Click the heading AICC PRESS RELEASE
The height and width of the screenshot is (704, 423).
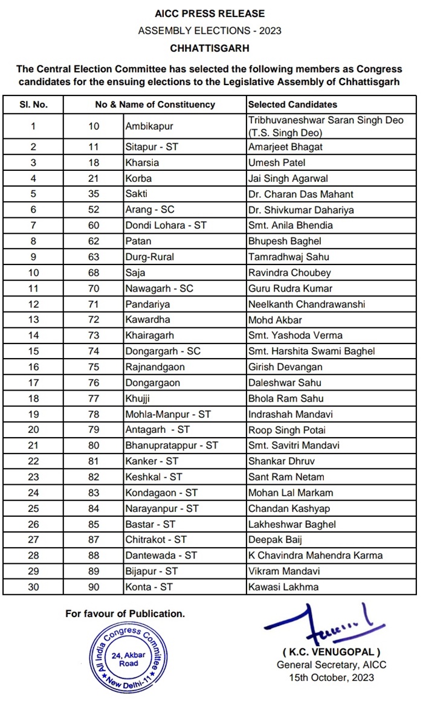pos(210,13)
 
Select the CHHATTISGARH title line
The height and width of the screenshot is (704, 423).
pos(210,47)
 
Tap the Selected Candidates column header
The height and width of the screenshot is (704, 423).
pos(292,104)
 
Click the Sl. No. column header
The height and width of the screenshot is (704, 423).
pos(33,104)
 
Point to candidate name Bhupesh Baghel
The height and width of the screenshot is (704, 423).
pos(280,241)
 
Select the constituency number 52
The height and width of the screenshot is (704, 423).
pos(94,210)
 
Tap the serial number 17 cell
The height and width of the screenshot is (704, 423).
pos(33,382)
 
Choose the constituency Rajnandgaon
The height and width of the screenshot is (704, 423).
pos(155,366)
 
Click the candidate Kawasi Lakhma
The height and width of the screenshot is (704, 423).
pos(283,586)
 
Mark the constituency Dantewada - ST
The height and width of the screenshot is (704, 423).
pos(156,555)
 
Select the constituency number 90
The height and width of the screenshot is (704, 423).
pos(94,586)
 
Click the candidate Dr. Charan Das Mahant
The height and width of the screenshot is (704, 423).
pos(301,194)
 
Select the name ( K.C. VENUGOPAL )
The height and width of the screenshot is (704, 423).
pos(331,652)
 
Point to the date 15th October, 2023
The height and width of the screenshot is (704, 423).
pos(331,677)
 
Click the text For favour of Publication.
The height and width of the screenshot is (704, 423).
pos(125,613)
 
